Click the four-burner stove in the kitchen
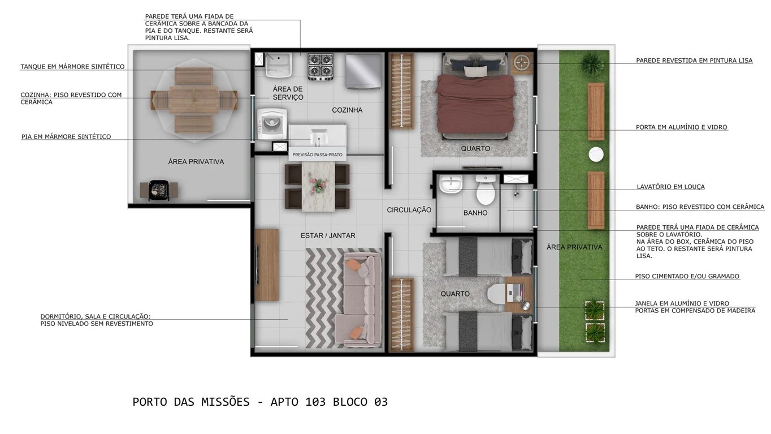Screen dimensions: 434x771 click(x=320, y=67)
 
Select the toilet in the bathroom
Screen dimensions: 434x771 click(x=486, y=191)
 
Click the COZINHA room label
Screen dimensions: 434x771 click(x=347, y=110)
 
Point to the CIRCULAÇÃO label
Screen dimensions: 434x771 click(x=409, y=210)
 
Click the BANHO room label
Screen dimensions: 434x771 click(x=475, y=213)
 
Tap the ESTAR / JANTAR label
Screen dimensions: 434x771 click(x=328, y=235)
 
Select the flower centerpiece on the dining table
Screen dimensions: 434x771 click(x=318, y=184)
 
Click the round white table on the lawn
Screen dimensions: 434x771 click(x=596, y=154)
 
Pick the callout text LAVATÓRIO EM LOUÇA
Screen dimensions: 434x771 click(x=670, y=187)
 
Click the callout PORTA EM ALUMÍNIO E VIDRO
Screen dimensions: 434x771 click(x=681, y=127)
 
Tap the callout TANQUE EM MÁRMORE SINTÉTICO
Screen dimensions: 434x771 click(x=72, y=67)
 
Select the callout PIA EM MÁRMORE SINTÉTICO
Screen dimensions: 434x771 click(x=66, y=137)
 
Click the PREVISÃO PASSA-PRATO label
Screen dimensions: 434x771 click(x=317, y=154)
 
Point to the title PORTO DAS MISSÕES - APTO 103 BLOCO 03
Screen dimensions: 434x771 click(x=260, y=402)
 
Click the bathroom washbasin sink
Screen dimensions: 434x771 click(x=451, y=184)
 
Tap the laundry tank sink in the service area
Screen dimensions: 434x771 click(x=278, y=64)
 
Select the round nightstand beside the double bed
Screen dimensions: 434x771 click(x=522, y=62)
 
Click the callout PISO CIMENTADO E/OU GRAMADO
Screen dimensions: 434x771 click(x=687, y=277)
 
